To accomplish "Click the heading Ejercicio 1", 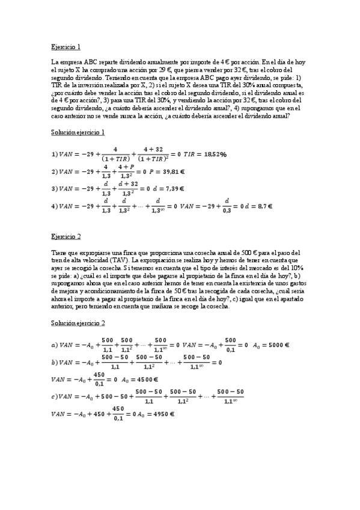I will pyautogui.click(x=66, y=46).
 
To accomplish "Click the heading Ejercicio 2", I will pyautogui.click(x=66, y=236).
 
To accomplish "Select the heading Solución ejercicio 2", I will pyautogui.click(x=78, y=323).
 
